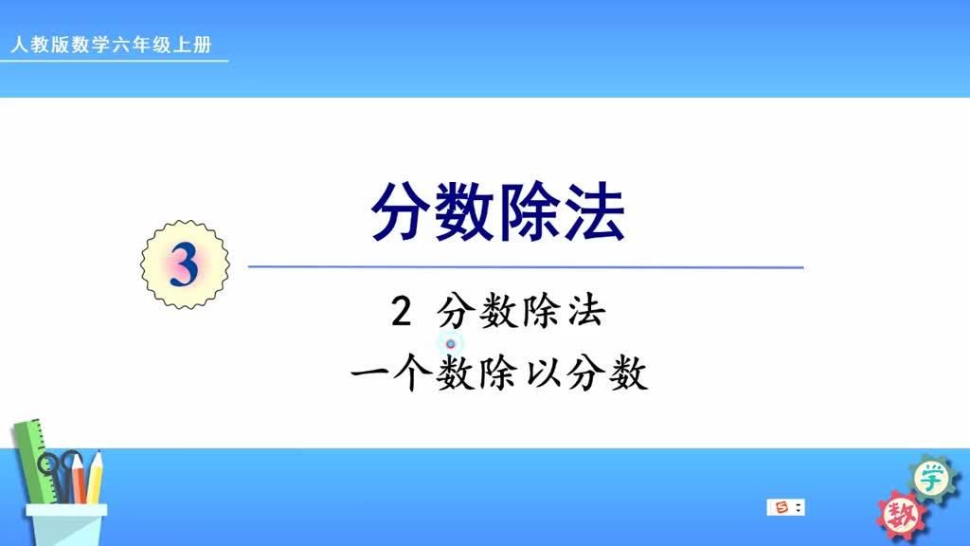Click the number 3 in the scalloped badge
pos(185,266)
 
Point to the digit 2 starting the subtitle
pos(400,313)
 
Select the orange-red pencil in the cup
pos(78,479)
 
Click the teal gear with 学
pos(931,479)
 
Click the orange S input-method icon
pos(781,508)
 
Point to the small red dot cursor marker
pos(451,343)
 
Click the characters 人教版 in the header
pos(35,45)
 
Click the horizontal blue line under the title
pos(526,267)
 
